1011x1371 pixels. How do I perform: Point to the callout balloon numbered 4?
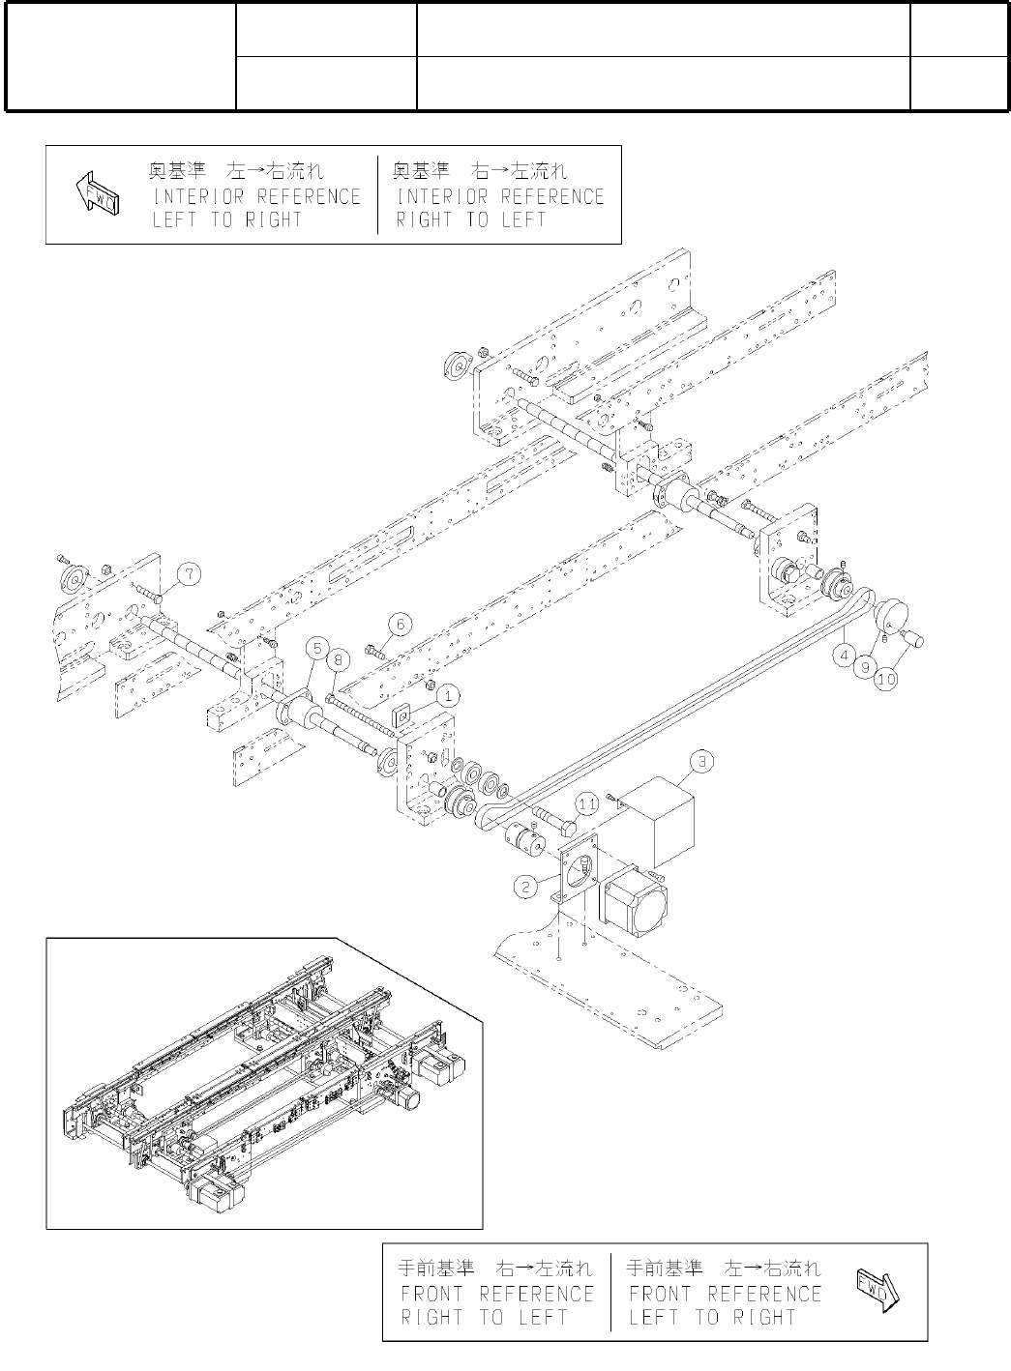click(847, 655)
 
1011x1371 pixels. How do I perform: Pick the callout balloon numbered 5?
click(316, 648)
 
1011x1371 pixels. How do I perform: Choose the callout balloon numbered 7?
click(191, 575)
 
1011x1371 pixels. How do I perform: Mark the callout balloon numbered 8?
click(337, 660)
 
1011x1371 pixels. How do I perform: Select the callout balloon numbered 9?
click(867, 667)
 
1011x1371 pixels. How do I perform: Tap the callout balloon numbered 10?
click(886, 680)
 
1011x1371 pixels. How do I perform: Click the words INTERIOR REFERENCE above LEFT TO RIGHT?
click(256, 196)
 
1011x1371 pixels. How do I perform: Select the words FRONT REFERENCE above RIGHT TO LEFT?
click(497, 1294)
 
